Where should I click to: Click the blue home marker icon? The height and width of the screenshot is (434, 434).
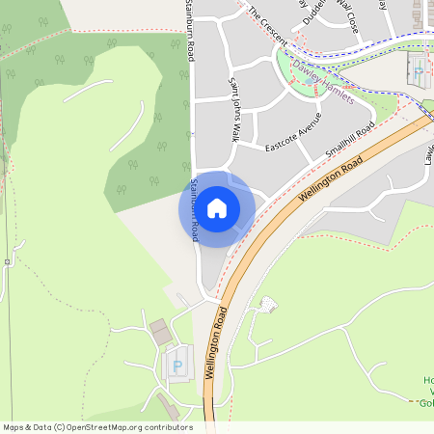coord(217,207)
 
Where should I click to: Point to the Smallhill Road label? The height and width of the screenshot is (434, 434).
coord(349,141)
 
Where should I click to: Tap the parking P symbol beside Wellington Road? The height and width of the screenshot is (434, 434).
coord(176,366)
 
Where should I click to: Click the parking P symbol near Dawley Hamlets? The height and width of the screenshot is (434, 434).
coord(418,70)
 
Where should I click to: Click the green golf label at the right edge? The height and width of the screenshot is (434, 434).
coord(424,391)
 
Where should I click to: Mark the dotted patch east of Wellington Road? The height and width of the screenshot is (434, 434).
coord(267,305)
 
